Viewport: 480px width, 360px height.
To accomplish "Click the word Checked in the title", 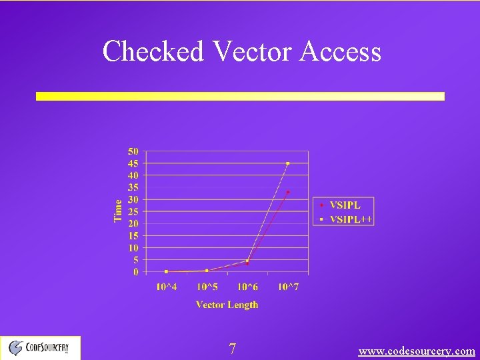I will (x=153, y=51).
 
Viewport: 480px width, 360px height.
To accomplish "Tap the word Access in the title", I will (x=340, y=51).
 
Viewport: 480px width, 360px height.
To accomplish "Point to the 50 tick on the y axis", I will (x=133, y=151).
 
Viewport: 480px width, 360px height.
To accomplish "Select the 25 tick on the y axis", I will (x=133, y=212).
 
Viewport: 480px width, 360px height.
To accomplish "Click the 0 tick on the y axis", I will (x=136, y=272).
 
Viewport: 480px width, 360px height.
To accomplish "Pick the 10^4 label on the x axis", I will (x=166, y=287).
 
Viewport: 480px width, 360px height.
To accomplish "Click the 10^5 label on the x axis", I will (x=207, y=287).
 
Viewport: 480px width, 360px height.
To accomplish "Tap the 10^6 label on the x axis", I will (x=247, y=287).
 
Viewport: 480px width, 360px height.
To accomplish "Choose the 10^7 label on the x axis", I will (x=288, y=287).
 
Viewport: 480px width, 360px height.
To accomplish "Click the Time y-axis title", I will (x=119, y=211).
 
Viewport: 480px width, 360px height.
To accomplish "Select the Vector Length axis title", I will (x=227, y=305).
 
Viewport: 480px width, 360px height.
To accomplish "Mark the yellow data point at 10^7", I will (x=288, y=163).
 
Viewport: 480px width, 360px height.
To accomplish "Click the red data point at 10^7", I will (x=288, y=192).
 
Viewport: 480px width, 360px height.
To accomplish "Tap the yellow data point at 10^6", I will (x=247, y=261).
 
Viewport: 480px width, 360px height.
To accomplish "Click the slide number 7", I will (x=232, y=349).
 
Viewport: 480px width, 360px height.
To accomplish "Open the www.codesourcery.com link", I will (x=417, y=351).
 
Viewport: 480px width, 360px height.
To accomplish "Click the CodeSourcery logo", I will (x=40, y=347).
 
